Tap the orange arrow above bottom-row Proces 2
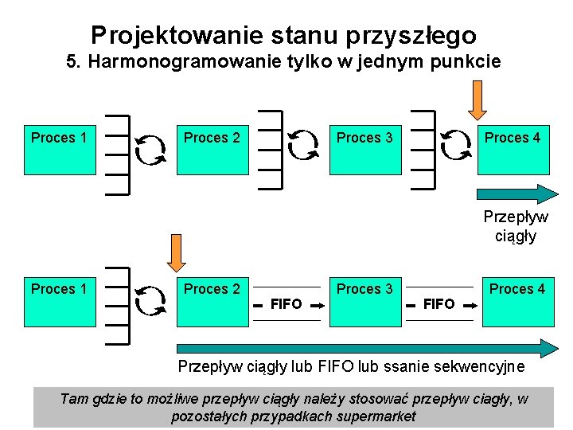click(x=175, y=252)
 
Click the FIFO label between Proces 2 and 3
click(x=286, y=303)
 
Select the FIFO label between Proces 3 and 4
click(x=439, y=303)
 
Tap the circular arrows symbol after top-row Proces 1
click(x=150, y=148)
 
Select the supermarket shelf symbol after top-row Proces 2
click(x=271, y=149)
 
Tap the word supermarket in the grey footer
click(x=373, y=416)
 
